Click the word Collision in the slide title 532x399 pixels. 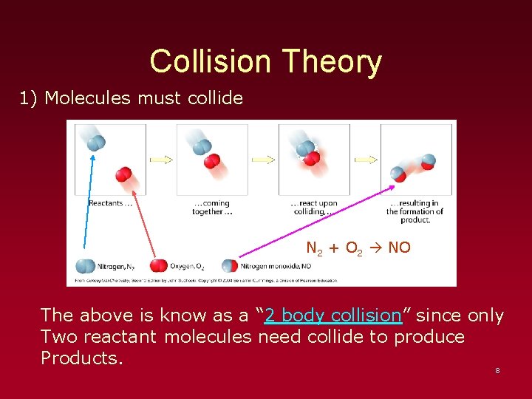pos(211,61)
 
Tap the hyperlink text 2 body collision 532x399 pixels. pos(332,316)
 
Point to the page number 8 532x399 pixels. pos(497,370)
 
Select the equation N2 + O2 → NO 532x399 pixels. pos(358,248)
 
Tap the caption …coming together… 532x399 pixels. pos(212,208)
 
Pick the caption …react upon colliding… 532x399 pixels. pos(314,208)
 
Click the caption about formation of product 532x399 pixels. pos(415,211)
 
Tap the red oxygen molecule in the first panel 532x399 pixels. pos(123,175)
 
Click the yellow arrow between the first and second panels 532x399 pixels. pos(161,159)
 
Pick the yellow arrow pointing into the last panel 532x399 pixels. pos(366,159)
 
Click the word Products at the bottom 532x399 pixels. pos(81,358)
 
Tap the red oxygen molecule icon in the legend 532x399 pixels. pos(159,266)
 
